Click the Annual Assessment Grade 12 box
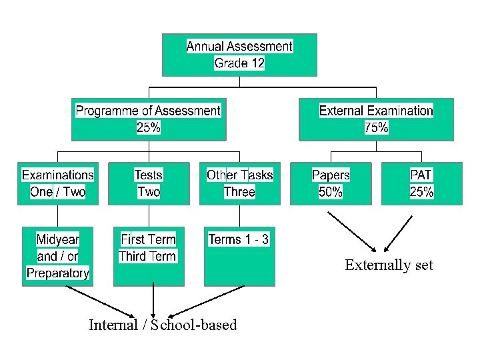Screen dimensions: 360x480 tap(239, 55)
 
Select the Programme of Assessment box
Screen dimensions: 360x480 tap(148, 119)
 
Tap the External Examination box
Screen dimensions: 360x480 tap(376, 119)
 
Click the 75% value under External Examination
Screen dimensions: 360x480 tap(376, 127)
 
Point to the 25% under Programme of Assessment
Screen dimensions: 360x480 tap(148, 127)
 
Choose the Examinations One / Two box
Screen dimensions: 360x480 tap(58, 183)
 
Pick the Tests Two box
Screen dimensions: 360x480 tap(149, 183)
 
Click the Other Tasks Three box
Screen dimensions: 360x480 tap(239, 183)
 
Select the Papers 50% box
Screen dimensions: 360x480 tap(331, 183)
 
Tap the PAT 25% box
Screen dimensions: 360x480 tap(421, 183)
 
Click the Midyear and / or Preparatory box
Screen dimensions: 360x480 tap(58, 256)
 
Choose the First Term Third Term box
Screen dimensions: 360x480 tap(149, 256)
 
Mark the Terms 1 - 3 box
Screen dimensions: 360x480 tap(239, 256)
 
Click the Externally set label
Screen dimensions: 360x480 tap(389, 265)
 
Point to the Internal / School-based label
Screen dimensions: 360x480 tap(163, 325)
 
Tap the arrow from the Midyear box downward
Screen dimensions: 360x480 tap(100, 301)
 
